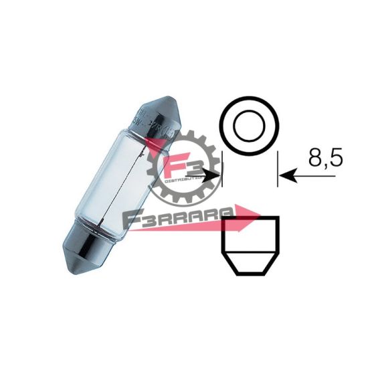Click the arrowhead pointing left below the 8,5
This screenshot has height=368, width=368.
tap(288, 177)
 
